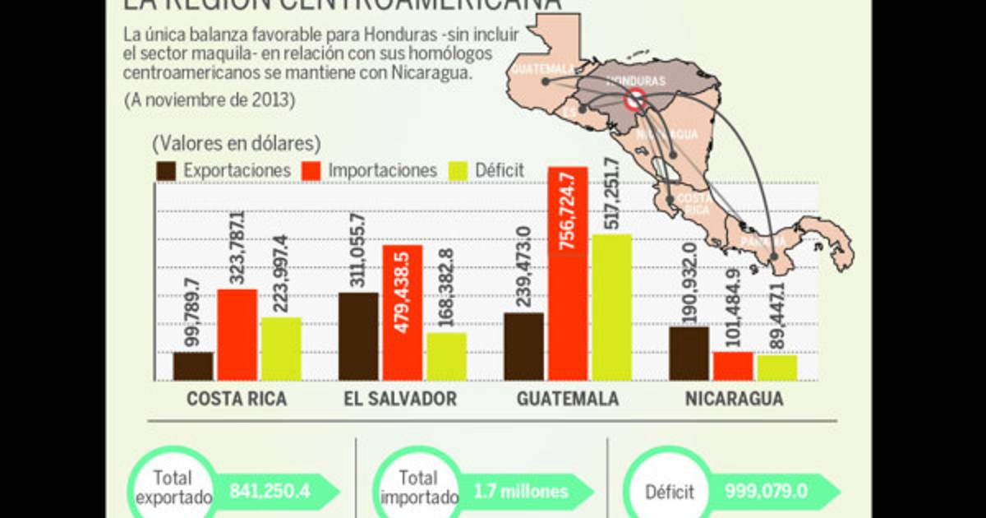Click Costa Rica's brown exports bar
pos(193,367)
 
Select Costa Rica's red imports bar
pos(237,335)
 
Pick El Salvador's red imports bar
pos(403,312)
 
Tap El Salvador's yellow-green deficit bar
pos(446,356)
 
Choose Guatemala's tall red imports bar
pos(568,274)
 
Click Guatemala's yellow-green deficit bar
pos(611,308)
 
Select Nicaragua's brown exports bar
pos(689,354)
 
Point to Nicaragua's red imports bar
pos(733,366)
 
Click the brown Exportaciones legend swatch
pos(167,171)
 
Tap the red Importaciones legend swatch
pos(312,171)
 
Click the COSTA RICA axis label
pos(237,400)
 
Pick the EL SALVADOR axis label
pos(402,400)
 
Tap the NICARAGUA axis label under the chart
pos(734,400)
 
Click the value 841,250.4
pos(270,492)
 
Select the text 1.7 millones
pos(521,492)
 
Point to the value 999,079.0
pos(766,492)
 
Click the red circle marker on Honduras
pos(634,100)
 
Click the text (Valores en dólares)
pos(236,143)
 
